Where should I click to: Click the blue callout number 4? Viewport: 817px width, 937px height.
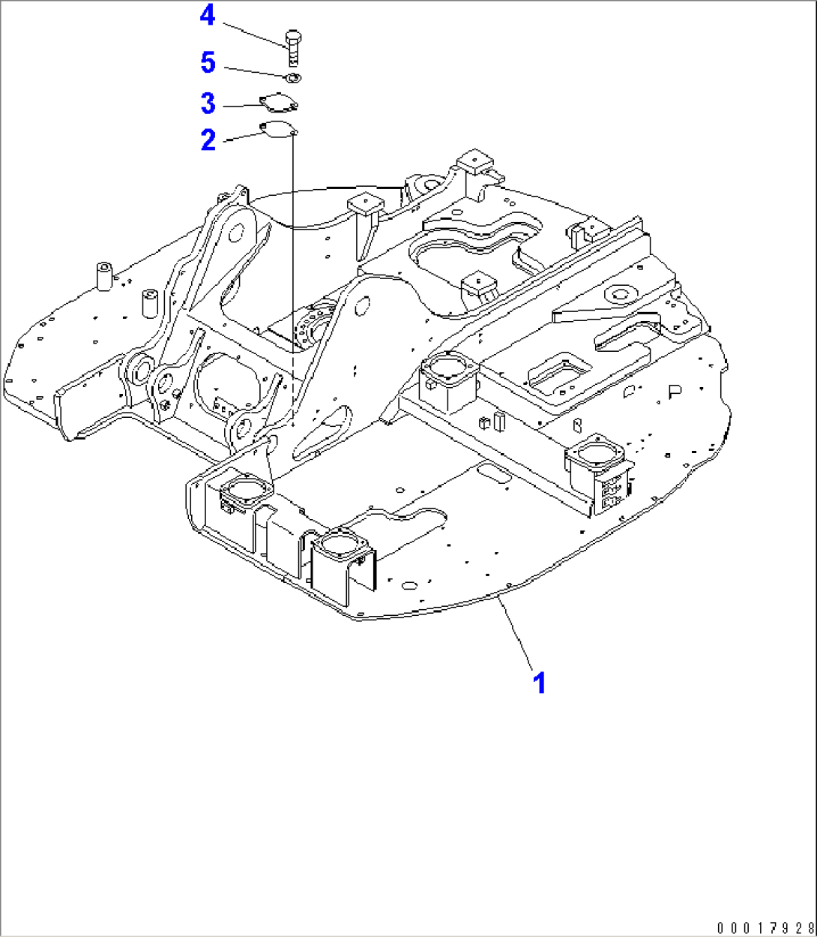pyautogui.click(x=208, y=17)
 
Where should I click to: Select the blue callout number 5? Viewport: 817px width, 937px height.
pyautogui.click(x=208, y=63)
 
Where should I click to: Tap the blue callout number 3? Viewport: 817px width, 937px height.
pyautogui.click(x=208, y=104)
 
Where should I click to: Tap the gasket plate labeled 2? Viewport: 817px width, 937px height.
pyautogui.click(x=277, y=128)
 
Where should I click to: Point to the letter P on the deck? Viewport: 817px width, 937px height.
pyautogui.click(x=675, y=392)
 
